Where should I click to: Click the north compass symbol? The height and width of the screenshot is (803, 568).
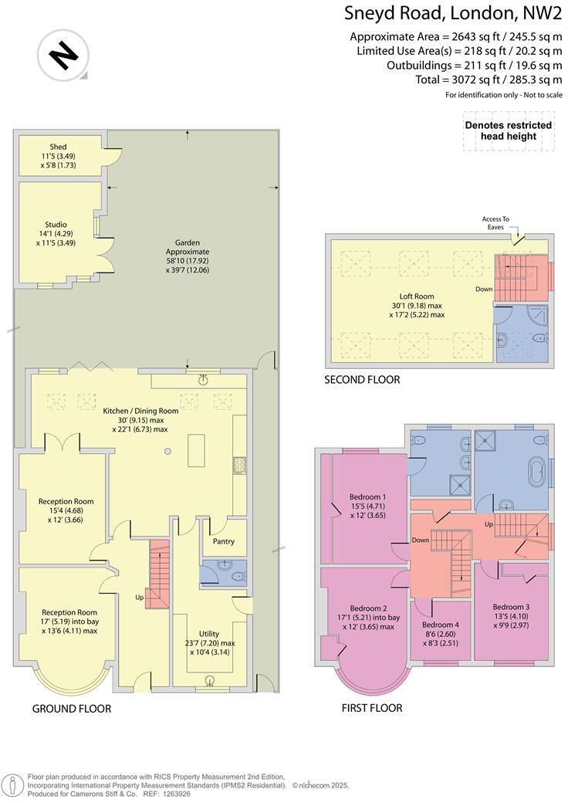(x=63, y=55)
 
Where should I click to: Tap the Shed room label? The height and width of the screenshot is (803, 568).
(x=59, y=147)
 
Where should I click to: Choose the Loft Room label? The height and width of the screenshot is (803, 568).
(x=416, y=296)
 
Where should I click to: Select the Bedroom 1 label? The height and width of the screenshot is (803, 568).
(x=368, y=496)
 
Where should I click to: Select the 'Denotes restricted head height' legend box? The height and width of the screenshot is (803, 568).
(x=508, y=130)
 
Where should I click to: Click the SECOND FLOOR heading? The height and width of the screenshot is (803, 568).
(x=362, y=380)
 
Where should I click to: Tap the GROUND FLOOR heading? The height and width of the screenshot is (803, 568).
(x=72, y=708)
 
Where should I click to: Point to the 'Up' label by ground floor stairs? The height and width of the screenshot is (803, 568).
(x=140, y=598)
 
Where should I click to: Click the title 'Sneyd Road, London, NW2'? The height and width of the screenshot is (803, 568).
(x=454, y=13)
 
